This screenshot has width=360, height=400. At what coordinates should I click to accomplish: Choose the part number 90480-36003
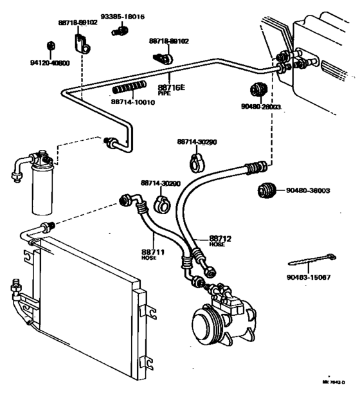(x=309, y=190)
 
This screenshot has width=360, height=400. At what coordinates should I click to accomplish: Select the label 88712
(x=221, y=239)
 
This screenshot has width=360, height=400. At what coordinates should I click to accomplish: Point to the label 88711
(x=152, y=251)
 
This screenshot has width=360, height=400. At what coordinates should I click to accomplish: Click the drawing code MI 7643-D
(x=334, y=381)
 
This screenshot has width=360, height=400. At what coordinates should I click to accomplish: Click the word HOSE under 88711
(x=148, y=258)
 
